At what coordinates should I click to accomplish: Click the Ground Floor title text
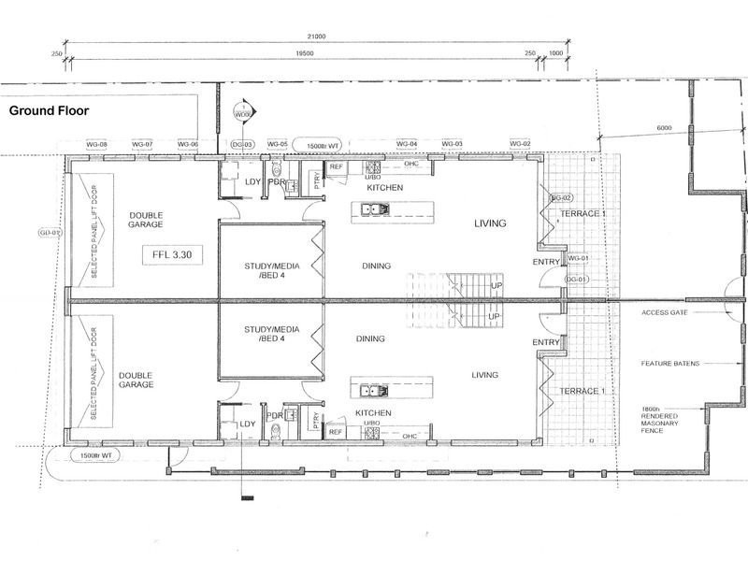pyautogui.click(x=48, y=109)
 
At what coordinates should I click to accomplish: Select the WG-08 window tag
pyautogui.click(x=96, y=144)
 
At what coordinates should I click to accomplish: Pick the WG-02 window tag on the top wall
pyautogui.click(x=520, y=144)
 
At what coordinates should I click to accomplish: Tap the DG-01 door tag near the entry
pyautogui.click(x=576, y=280)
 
